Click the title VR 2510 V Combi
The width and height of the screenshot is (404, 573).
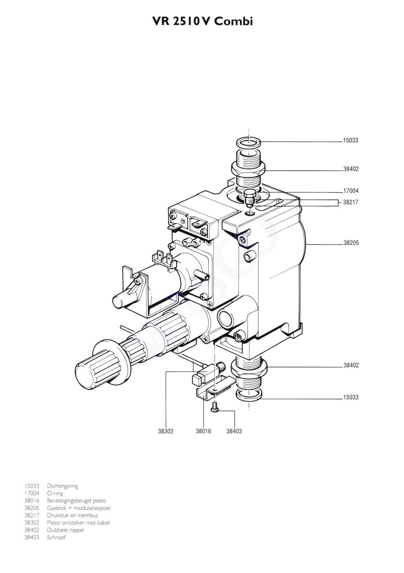202,22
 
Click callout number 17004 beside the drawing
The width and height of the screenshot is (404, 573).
351,191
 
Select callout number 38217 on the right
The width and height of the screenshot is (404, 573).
351,202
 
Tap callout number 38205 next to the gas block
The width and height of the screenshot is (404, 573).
351,243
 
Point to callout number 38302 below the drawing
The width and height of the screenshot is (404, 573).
166,431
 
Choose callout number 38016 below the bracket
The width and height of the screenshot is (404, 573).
203,431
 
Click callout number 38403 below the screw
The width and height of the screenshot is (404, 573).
234,431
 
